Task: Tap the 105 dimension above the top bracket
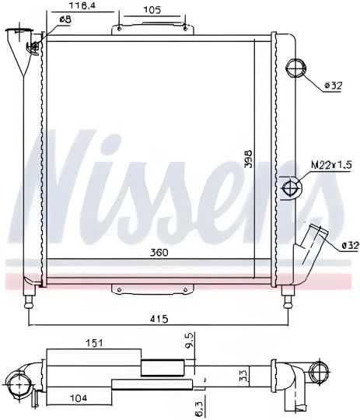pyautogui.click(x=152, y=10)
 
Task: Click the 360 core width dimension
pyautogui.click(x=159, y=253)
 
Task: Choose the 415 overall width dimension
pyautogui.click(x=159, y=318)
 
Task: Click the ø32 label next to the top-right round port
pyautogui.click(x=332, y=86)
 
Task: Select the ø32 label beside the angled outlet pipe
pyautogui.click(x=349, y=247)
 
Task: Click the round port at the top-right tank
pyautogui.click(x=295, y=68)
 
